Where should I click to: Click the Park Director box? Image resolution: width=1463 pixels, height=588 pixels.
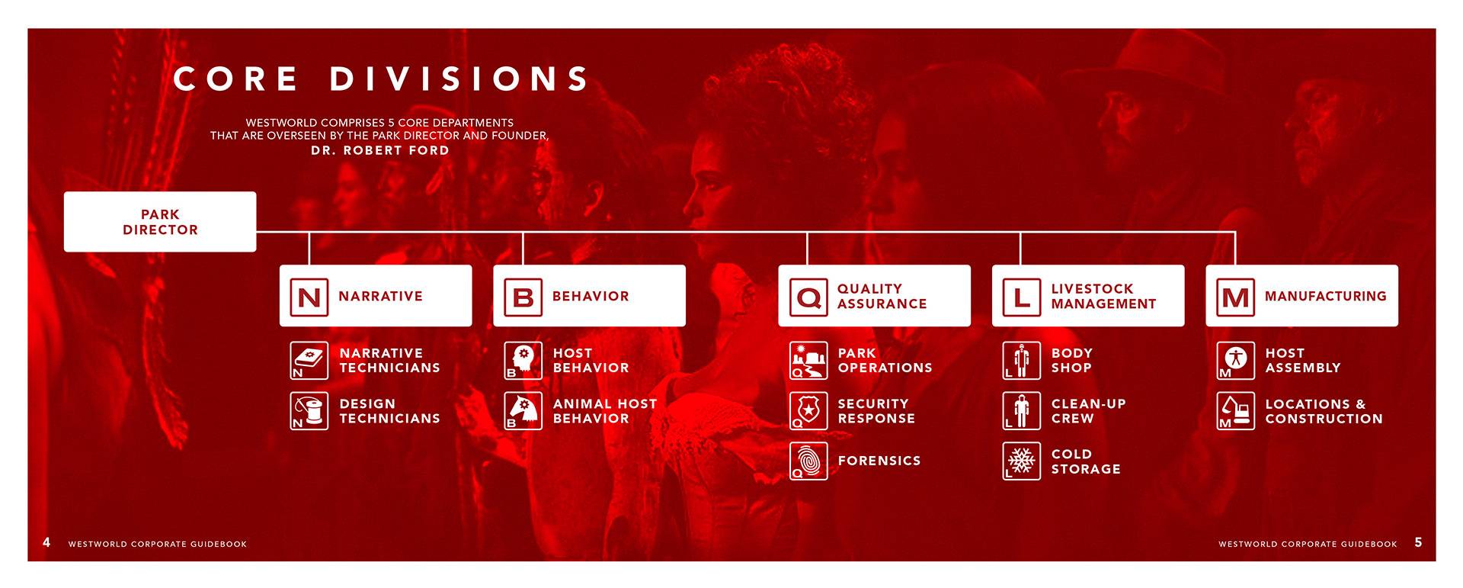[160, 222]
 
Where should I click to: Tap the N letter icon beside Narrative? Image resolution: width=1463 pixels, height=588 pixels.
[309, 297]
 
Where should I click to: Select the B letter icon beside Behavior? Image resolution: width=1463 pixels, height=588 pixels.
[523, 297]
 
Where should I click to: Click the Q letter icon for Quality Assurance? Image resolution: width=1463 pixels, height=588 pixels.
[808, 297]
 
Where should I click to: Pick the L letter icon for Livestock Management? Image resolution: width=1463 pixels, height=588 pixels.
[1022, 297]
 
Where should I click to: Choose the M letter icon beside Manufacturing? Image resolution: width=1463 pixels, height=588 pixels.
[1236, 297]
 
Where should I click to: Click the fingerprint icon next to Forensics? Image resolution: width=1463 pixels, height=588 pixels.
[808, 461]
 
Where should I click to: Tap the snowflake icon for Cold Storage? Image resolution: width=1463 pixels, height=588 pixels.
[1022, 461]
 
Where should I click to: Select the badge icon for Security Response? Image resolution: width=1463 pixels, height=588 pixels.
[808, 411]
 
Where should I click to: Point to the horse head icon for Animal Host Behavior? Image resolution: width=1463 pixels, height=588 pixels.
[523, 411]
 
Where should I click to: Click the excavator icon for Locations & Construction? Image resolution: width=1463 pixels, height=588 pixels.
[1236, 411]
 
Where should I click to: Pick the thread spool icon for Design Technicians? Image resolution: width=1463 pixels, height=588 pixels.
[309, 411]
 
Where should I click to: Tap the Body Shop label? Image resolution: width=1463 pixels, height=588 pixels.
[1072, 360]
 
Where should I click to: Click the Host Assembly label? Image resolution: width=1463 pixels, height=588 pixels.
[1303, 360]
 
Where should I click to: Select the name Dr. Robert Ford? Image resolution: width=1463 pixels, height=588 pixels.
[380, 150]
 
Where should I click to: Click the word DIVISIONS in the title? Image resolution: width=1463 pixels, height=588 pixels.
[459, 79]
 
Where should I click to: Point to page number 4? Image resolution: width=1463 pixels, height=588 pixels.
[46, 542]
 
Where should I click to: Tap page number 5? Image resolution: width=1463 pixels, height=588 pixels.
[1418, 542]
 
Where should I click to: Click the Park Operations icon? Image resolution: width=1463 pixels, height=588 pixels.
[808, 361]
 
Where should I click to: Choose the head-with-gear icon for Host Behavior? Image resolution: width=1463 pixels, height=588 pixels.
[523, 361]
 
